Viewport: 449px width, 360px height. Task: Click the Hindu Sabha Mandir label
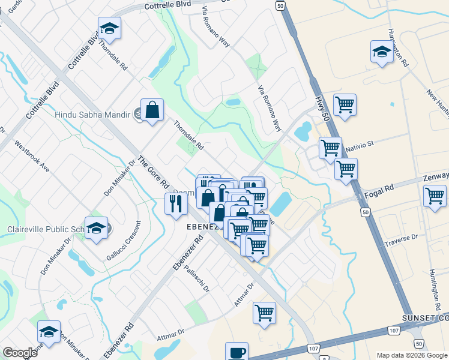tap(92, 114)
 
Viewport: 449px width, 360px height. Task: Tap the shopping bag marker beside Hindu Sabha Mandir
tap(152, 110)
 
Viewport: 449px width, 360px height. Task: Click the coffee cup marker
tap(236, 352)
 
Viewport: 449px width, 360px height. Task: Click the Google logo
tap(20, 353)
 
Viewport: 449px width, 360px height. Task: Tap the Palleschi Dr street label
tap(197, 279)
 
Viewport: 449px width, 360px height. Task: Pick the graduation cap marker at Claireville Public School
tap(96, 228)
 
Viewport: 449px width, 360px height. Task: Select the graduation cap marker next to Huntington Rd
tap(382, 52)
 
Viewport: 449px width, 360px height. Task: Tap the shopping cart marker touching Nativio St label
tap(330, 147)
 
